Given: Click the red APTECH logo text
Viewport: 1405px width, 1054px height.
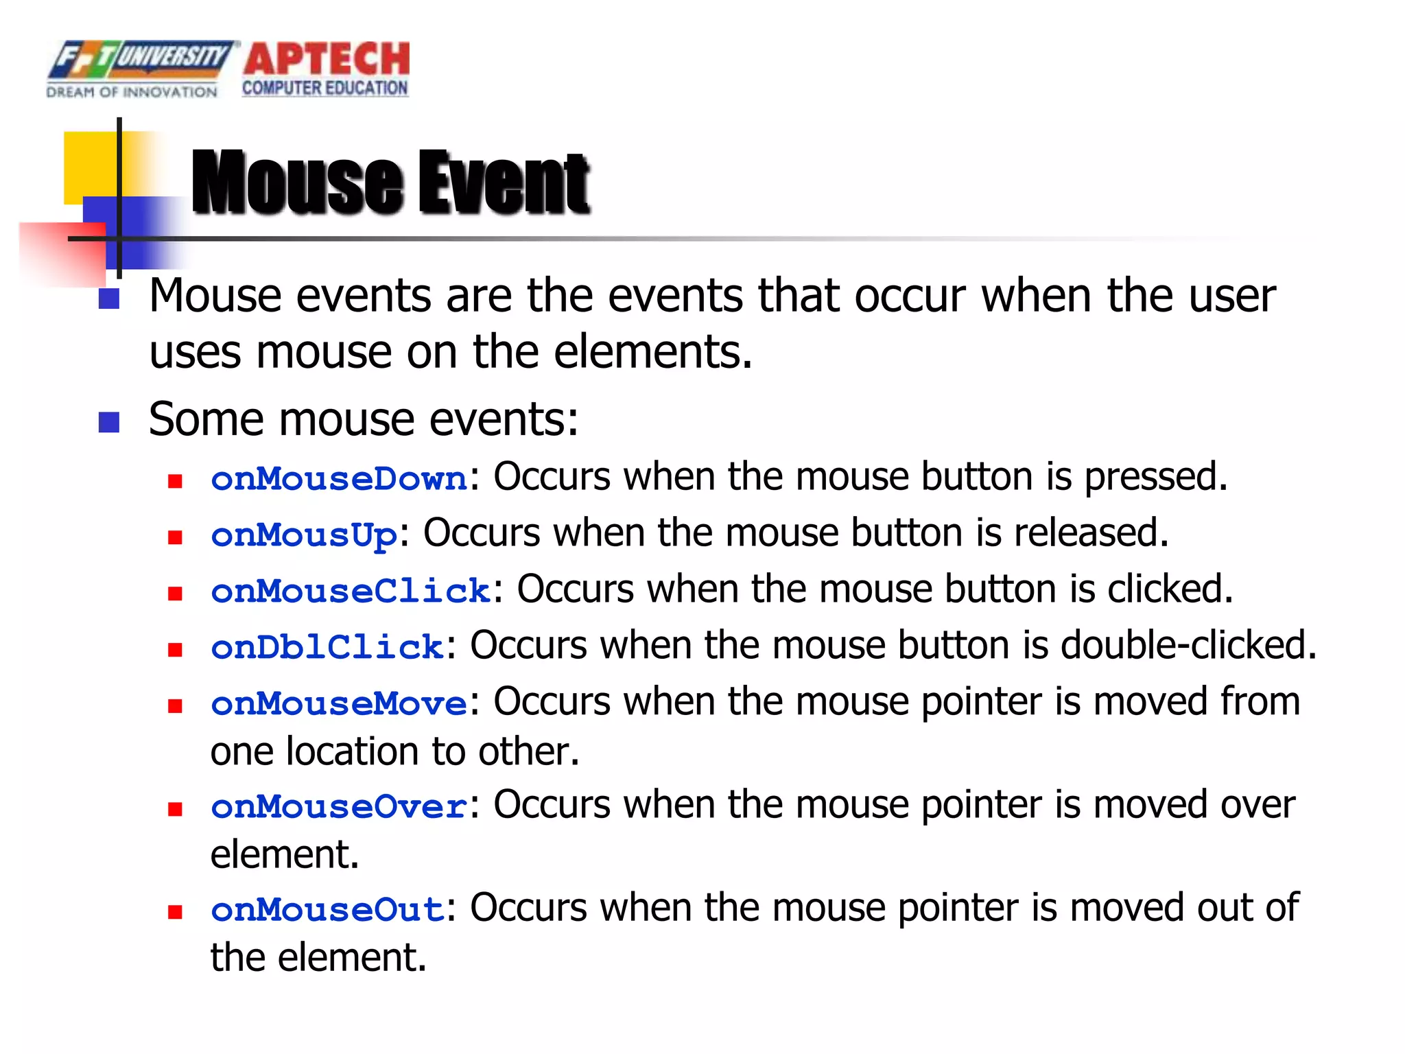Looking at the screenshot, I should [327, 60].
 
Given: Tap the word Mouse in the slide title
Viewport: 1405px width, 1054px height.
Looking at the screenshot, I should [297, 183].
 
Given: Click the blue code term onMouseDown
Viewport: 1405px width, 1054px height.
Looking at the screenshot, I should [339, 479].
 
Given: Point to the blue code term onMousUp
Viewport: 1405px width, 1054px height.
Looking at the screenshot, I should [304, 535].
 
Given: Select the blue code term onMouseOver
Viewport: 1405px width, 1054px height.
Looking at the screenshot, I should [339, 807].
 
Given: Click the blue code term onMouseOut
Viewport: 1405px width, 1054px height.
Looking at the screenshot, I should [327, 910].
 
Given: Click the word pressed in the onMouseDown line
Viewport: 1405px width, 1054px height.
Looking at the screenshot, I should [1155, 478].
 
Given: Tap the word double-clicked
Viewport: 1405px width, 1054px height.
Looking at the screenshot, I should [1188, 646].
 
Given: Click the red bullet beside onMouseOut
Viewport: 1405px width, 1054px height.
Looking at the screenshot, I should [175, 912].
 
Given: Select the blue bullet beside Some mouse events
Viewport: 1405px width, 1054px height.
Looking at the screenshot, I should [109, 422].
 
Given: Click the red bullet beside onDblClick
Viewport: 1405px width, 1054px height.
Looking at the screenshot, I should [175, 649].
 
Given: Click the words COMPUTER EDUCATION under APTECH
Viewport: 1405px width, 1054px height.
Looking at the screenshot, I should [324, 89].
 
